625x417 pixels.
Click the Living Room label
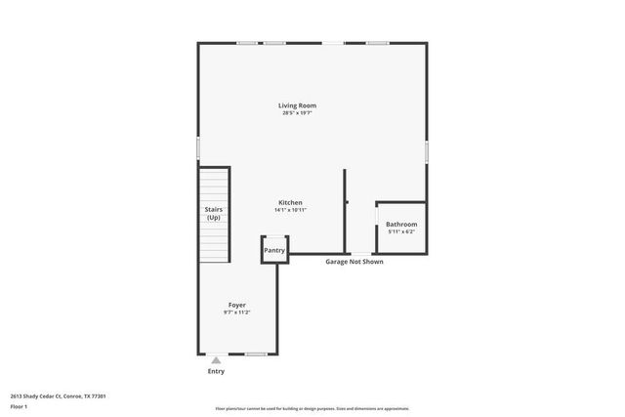click(297, 105)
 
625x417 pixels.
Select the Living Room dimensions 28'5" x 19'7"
click(297, 113)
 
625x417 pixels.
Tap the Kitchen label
click(289, 202)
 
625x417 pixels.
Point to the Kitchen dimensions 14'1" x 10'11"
click(289, 210)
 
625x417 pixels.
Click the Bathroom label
click(401, 225)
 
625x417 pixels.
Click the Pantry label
click(274, 250)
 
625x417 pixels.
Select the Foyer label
click(237, 305)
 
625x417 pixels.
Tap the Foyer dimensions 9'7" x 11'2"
click(237, 313)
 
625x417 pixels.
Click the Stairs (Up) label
click(213, 213)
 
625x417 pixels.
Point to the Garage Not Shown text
click(354, 262)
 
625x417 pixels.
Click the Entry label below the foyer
click(216, 371)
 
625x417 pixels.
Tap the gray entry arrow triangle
click(216, 359)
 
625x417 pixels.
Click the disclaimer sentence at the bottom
click(312, 408)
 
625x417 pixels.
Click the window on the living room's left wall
click(198, 147)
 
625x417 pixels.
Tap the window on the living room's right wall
click(426, 151)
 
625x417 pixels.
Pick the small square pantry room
click(274, 250)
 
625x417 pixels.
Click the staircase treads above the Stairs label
click(213, 186)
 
